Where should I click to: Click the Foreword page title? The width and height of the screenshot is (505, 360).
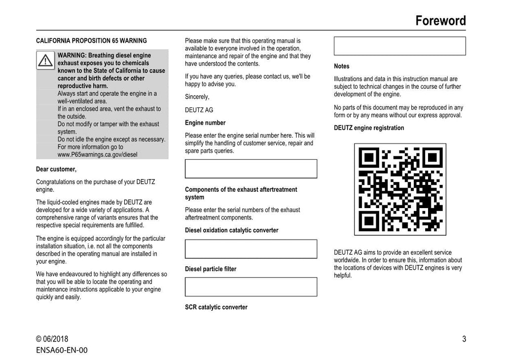point(440,21)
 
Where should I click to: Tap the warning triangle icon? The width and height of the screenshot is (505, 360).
point(45,60)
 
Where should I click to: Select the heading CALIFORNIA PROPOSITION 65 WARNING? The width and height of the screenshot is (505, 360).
point(91,41)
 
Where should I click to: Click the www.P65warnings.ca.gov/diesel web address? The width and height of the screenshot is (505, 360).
point(98,154)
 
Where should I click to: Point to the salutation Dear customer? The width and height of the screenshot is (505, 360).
point(56,169)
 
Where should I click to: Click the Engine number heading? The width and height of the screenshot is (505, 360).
point(205,123)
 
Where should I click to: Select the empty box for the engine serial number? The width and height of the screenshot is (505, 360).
point(251,169)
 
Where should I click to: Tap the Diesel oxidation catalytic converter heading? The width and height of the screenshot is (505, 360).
point(231,230)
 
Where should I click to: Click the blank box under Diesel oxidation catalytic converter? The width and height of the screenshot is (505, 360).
point(251,249)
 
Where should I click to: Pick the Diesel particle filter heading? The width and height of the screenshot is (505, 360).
point(211,269)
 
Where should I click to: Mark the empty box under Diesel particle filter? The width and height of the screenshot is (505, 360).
point(251,287)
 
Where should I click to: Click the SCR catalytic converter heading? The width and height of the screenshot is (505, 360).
point(216,307)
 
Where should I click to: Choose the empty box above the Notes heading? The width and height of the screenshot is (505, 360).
point(399,46)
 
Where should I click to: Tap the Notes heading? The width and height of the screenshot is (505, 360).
point(341,66)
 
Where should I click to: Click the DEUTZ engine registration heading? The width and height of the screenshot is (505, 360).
point(369,128)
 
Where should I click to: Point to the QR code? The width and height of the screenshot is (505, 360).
point(400,189)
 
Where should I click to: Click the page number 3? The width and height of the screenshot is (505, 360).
point(464,339)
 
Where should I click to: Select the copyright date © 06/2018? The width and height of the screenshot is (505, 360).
point(52,339)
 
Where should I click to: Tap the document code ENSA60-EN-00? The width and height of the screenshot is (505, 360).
point(62,350)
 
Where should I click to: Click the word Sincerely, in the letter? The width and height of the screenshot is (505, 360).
point(197,97)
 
